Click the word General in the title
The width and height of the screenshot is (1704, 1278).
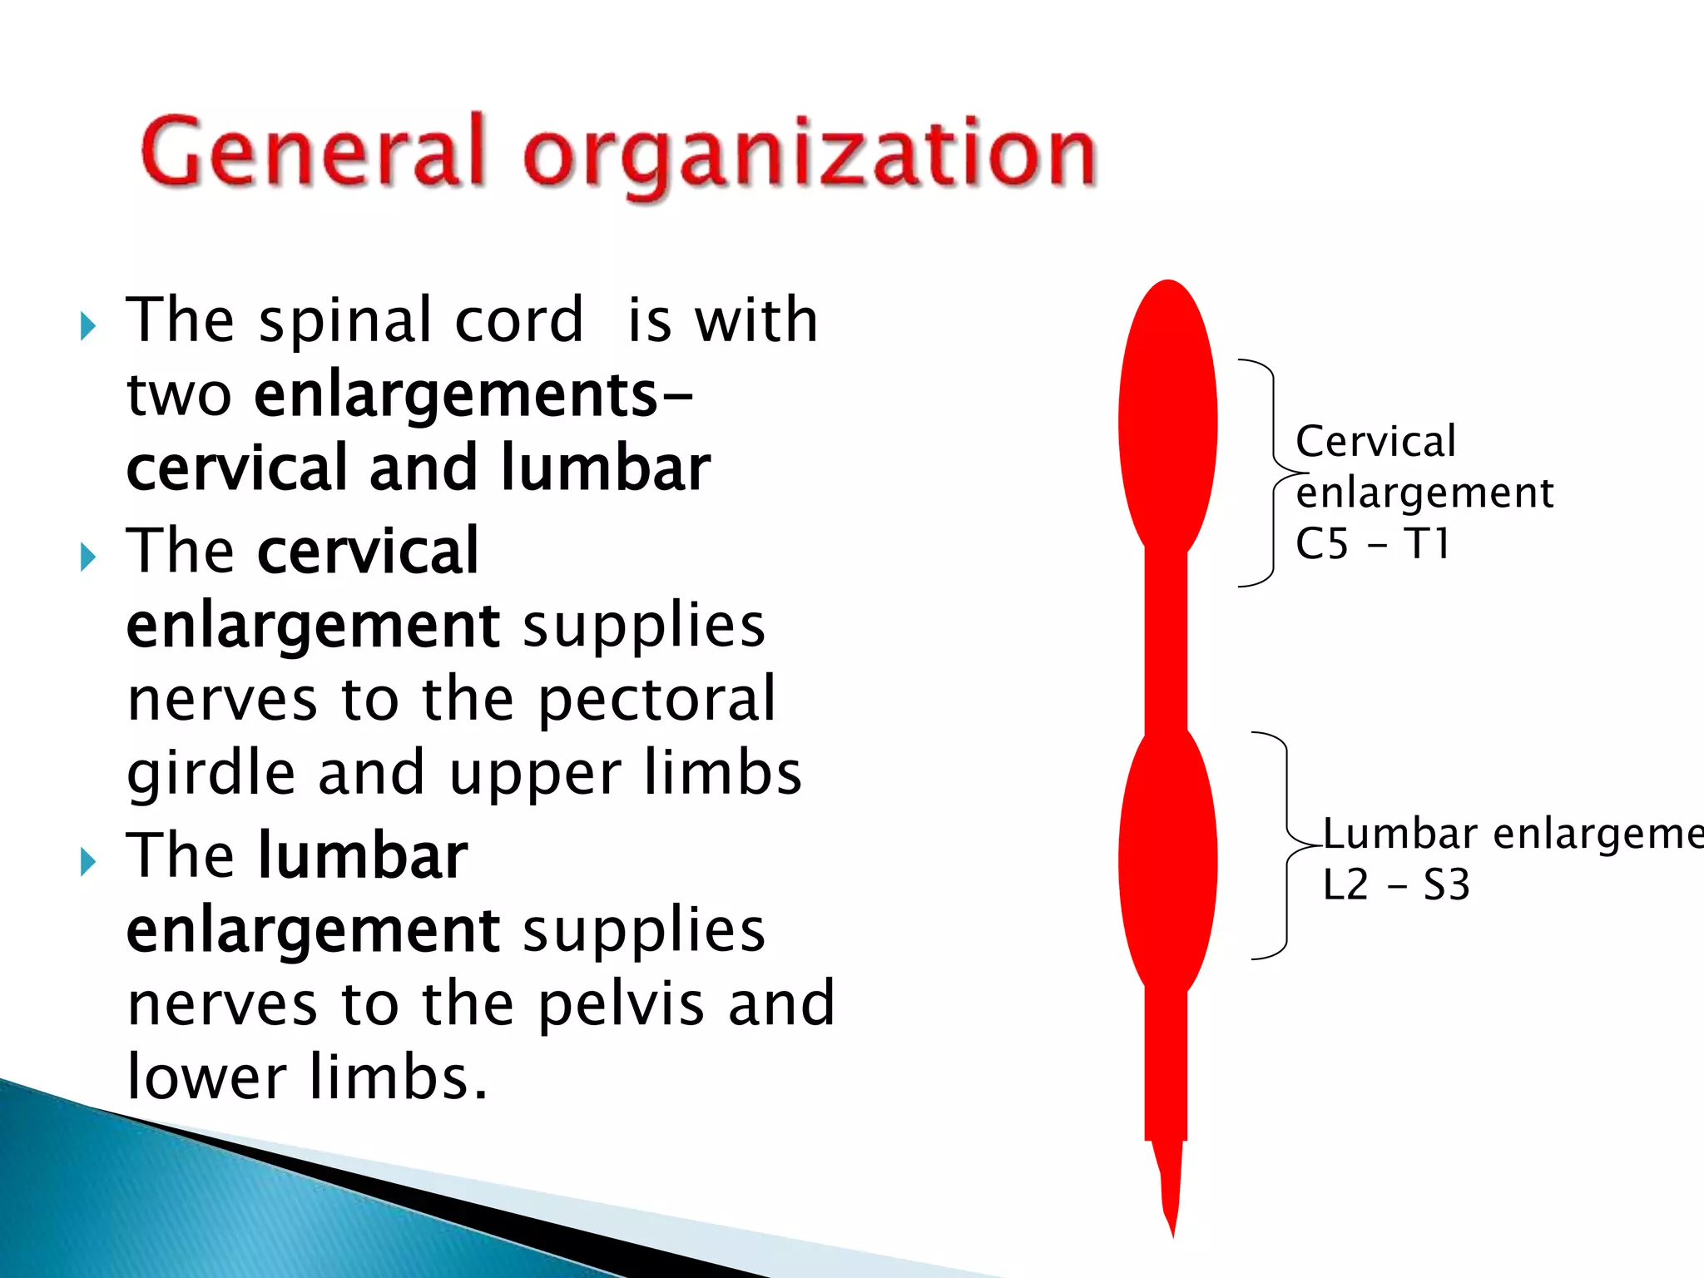(312, 152)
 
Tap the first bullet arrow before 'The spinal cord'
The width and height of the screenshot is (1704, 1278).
(87, 325)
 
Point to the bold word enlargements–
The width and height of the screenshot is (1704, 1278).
(473, 394)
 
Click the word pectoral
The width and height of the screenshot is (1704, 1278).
(656, 699)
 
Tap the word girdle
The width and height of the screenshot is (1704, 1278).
(211, 772)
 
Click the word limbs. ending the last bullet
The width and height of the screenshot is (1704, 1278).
(397, 1077)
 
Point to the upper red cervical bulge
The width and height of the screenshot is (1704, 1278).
(1167, 420)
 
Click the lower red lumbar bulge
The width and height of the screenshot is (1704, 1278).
(1167, 861)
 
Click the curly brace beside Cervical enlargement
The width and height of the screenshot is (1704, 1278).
(1271, 473)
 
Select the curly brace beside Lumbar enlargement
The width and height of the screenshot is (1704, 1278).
(1285, 845)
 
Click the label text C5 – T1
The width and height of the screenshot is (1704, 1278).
(1373, 544)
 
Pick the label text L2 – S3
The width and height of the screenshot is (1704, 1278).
(1396, 884)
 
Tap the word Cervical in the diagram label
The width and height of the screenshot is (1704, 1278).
(1375, 441)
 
